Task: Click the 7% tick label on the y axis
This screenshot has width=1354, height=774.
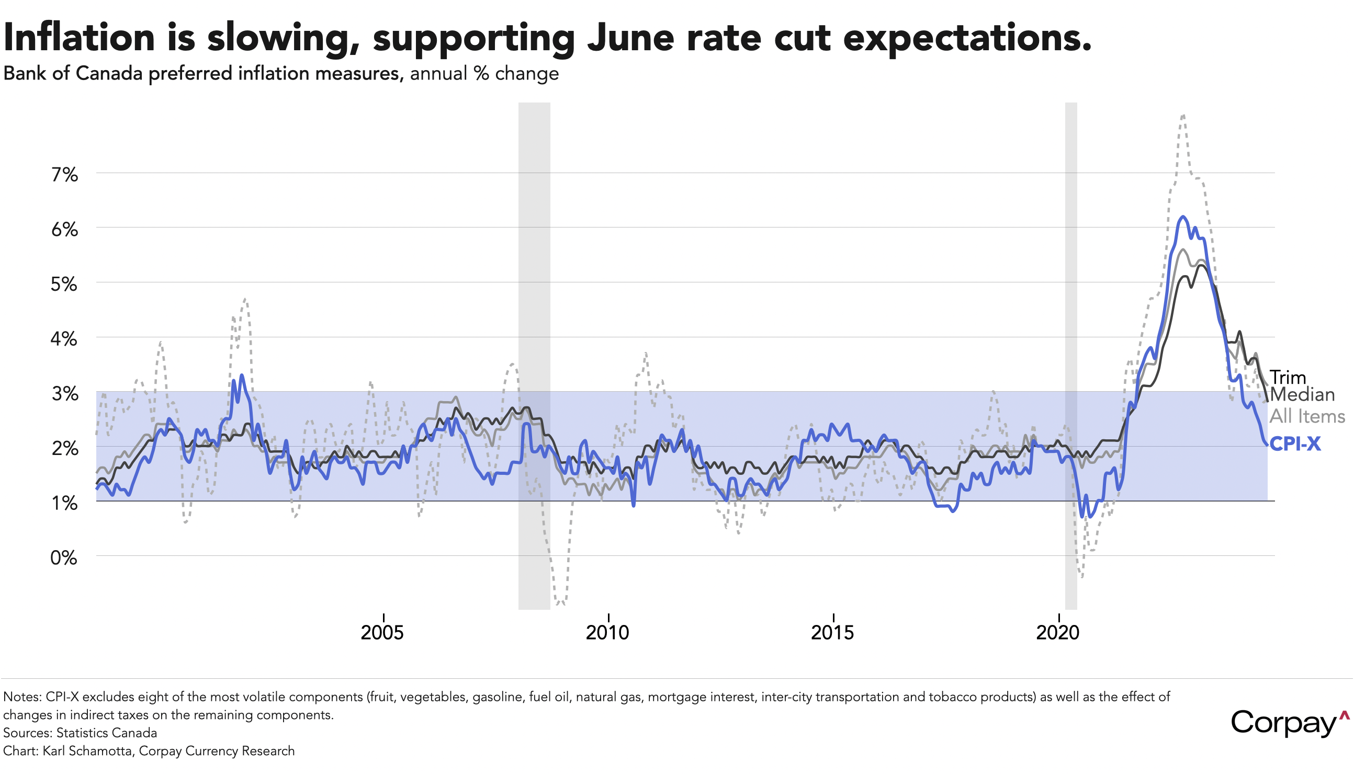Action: [x=64, y=174]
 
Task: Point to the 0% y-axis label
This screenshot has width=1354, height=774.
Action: [x=64, y=557]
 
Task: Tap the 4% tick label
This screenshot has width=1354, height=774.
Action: [x=64, y=339]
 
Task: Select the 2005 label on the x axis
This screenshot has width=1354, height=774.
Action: [x=382, y=633]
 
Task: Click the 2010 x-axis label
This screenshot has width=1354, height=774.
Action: [x=607, y=633]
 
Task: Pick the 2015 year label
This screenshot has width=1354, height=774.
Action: [x=832, y=633]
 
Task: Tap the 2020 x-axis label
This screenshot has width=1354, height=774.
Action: [x=1058, y=633]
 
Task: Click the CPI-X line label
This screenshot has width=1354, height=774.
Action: [x=1294, y=444]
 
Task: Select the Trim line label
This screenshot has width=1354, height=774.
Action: [x=1288, y=377]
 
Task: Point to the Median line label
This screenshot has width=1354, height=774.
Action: [x=1302, y=394]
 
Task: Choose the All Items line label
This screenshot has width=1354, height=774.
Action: [x=1307, y=416]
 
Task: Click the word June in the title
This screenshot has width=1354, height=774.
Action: [x=630, y=38]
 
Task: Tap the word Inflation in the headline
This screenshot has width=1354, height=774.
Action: [x=79, y=38]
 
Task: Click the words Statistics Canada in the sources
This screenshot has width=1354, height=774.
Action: [x=106, y=733]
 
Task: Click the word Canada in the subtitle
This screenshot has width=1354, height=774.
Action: [x=109, y=73]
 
